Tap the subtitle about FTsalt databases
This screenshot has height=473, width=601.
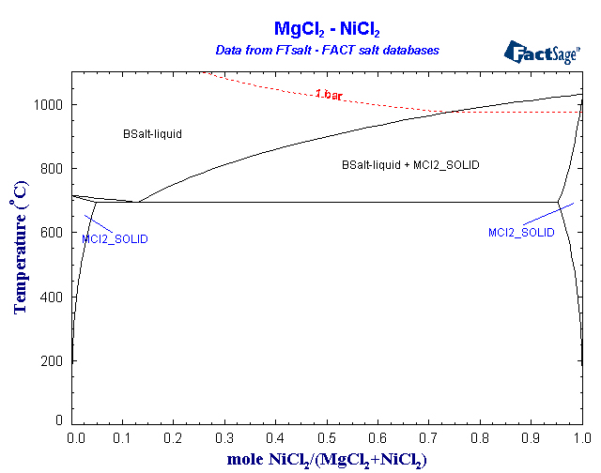point(326,49)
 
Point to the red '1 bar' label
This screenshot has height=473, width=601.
point(330,94)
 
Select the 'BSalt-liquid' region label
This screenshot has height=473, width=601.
point(152,134)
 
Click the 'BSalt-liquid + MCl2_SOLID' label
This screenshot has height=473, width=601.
point(410,165)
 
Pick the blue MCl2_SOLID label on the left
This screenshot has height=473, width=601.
point(115,239)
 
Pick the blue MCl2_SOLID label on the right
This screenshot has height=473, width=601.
point(521,232)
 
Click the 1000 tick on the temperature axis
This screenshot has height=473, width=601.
point(49,105)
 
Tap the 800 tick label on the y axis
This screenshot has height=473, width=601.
point(53,169)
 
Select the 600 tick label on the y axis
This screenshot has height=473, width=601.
point(53,233)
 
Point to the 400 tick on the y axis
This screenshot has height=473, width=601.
point(53,297)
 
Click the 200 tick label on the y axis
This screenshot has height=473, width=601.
point(53,360)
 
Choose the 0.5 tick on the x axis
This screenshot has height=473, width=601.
point(327,438)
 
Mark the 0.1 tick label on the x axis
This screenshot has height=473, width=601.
point(123,438)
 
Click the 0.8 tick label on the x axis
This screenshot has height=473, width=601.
point(480,438)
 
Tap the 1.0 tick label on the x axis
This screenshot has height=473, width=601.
point(581,438)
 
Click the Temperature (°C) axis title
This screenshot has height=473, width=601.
point(19,254)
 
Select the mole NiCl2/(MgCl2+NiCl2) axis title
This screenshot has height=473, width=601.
point(326,460)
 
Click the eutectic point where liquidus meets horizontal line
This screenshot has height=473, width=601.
point(138,202)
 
